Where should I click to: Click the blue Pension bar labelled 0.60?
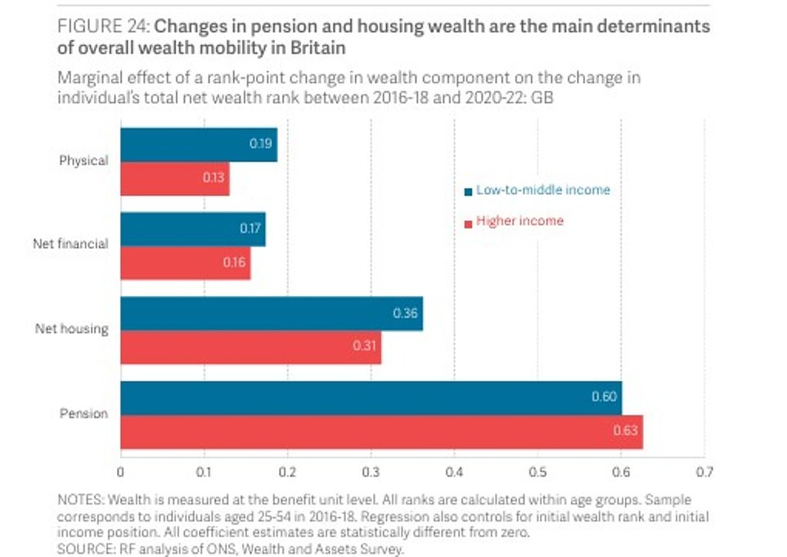click(371, 398)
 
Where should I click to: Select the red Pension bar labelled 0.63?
click(381, 431)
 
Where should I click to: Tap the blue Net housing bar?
click(272, 313)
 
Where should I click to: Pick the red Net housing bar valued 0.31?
click(250, 347)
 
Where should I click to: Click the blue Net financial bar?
click(193, 229)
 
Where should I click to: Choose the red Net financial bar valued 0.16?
click(186, 263)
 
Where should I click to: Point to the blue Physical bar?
click(199, 145)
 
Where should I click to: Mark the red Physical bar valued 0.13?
click(175, 178)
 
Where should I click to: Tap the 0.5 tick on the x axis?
click(537, 472)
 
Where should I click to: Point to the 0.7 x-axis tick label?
click(704, 472)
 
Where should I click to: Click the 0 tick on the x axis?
click(121, 472)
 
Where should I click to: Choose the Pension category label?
click(83, 414)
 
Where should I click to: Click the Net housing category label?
click(71, 330)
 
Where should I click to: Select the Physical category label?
click(83, 160)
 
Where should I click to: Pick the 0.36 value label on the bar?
click(406, 313)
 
